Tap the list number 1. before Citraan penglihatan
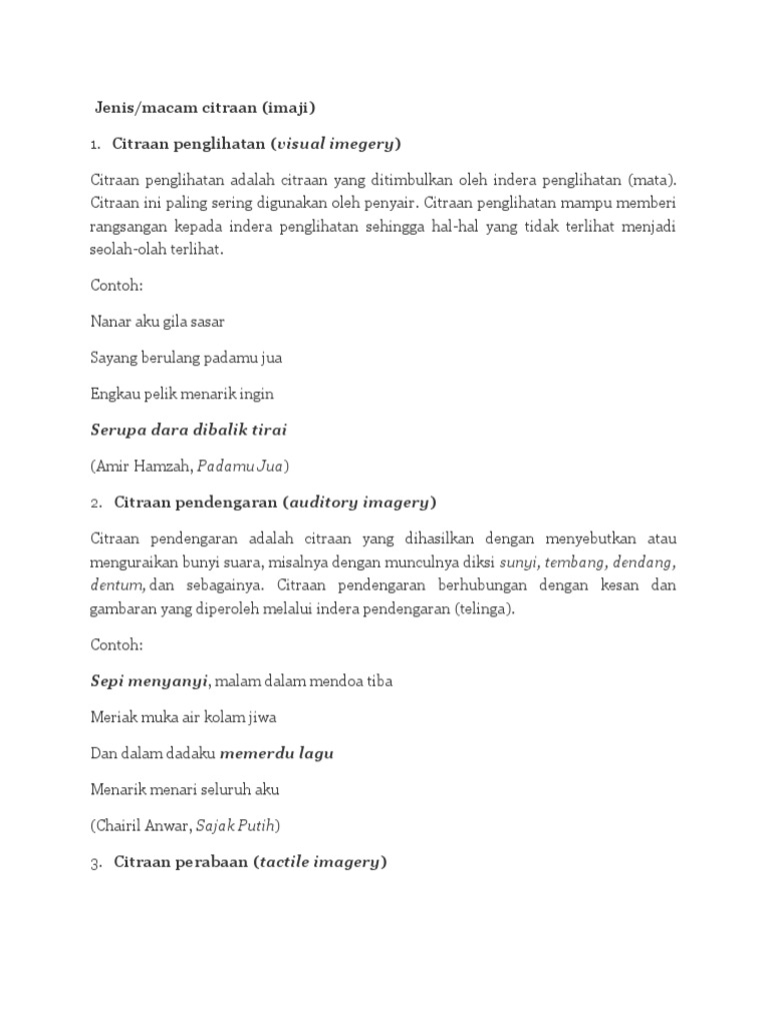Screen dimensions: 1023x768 [x=95, y=144]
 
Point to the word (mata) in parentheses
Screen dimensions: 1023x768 [x=653, y=180]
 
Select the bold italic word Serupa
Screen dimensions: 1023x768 [x=118, y=430]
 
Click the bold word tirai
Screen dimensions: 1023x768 [x=267, y=430]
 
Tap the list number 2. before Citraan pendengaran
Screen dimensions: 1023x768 [x=96, y=502]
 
